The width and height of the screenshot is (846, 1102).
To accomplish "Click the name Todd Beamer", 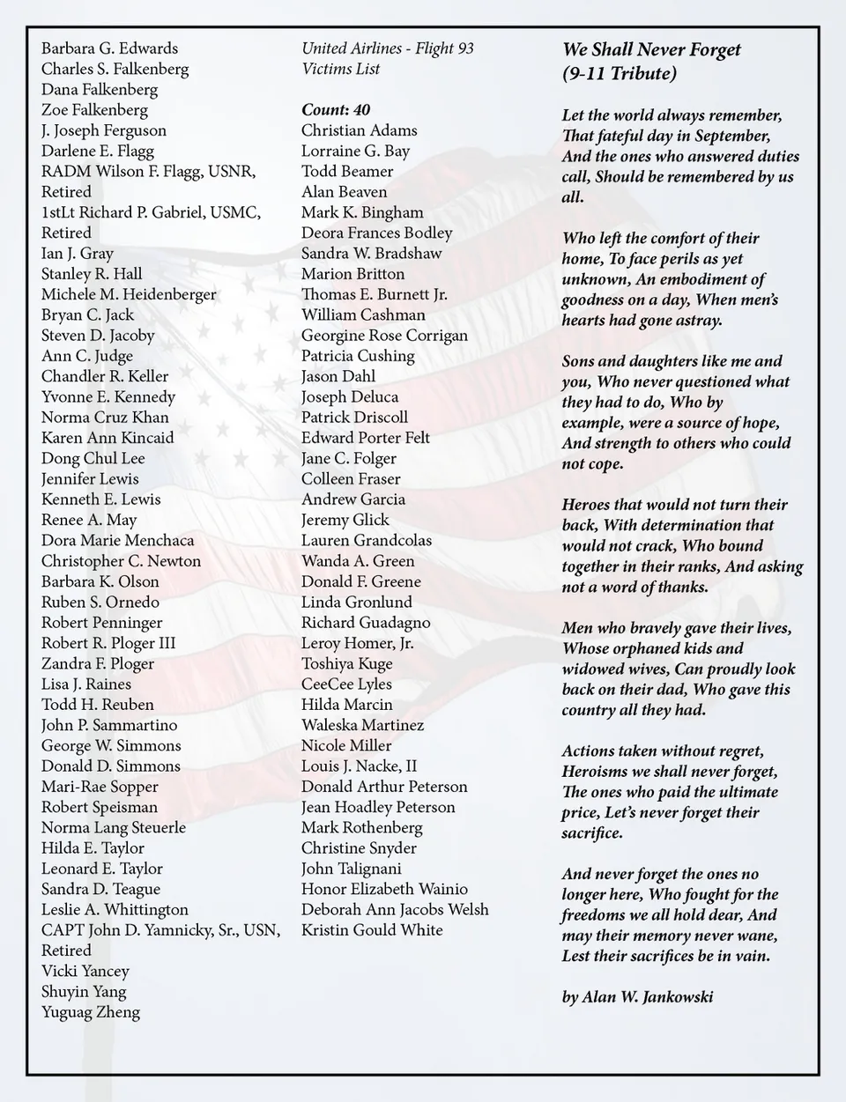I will point(347,172).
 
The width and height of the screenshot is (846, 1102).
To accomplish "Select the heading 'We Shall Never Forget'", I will point(651,50).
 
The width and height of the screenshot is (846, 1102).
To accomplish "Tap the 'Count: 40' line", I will point(336,110).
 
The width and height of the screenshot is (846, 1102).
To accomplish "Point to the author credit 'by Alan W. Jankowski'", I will point(637,997).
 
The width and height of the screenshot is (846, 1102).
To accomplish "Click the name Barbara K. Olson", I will point(100,581).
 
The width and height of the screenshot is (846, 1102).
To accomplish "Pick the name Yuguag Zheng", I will point(91,1012).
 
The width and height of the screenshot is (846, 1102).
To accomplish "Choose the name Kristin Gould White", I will point(372,930).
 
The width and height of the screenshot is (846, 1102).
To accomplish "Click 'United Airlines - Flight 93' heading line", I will point(388,48).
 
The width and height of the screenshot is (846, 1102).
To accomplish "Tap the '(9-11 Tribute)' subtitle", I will point(620,74).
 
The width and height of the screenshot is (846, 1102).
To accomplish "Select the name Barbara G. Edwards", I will point(109,48).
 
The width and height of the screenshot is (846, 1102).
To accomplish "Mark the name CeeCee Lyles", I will point(346,684).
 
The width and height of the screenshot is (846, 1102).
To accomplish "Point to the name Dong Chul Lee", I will point(93,459).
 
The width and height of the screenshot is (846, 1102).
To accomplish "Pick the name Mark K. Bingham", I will point(362,212).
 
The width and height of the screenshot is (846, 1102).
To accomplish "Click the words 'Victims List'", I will point(341,69).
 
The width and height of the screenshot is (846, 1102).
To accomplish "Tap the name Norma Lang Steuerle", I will point(114,828).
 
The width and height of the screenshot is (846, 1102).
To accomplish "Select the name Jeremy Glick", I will point(345,521).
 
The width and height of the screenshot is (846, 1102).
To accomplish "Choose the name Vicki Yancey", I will point(85,972).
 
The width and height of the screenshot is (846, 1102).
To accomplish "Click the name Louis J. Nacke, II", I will point(360,766).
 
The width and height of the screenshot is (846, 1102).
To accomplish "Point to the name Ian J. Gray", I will point(78,254).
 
